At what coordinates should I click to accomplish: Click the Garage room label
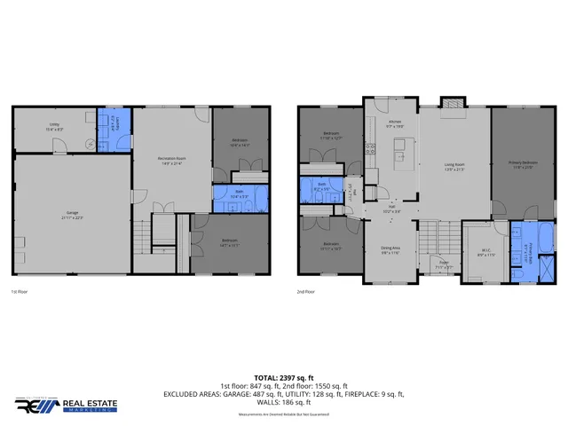tap(72, 215)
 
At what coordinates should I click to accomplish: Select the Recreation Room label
tap(172, 161)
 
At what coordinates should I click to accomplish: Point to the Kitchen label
tap(396, 125)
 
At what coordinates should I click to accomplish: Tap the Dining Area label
tap(390, 250)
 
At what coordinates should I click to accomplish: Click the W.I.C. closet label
tap(486, 251)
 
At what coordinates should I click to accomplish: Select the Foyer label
tap(444, 264)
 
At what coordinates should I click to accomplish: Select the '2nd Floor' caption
tap(306, 291)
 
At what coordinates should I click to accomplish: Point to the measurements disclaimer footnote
tap(283, 414)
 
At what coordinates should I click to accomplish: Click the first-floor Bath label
tap(240, 195)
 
